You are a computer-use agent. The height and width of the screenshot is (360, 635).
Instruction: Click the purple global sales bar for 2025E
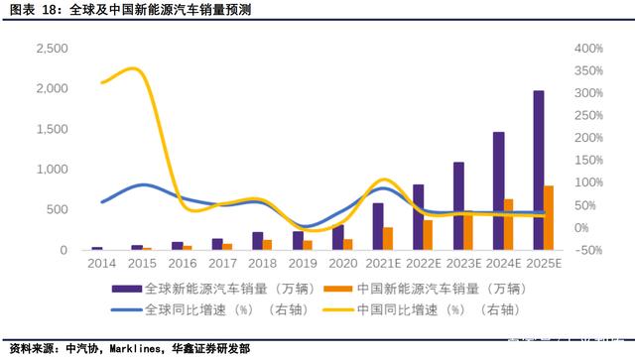(539, 170)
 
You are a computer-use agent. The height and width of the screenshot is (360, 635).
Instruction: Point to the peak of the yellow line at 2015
(134, 68)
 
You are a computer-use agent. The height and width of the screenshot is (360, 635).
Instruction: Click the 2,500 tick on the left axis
(51, 49)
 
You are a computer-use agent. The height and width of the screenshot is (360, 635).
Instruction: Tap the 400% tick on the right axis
(588, 49)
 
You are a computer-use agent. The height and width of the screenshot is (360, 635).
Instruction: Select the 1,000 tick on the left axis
(51, 170)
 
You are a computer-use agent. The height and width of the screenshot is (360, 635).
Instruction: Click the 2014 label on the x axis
(100, 263)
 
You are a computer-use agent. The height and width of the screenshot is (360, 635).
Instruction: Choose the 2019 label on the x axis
(302, 263)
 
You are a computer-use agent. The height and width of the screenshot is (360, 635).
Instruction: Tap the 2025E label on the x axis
(544, 263)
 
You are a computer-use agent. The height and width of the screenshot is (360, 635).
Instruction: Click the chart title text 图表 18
(27, 11)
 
